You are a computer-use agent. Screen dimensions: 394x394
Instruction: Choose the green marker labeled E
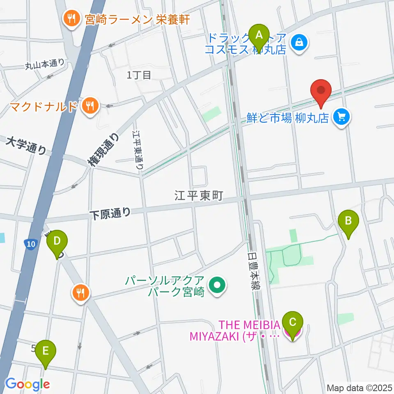point(45,353)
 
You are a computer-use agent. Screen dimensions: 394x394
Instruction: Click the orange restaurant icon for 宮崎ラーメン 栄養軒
point(71,19)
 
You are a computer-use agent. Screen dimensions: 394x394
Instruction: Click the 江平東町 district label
point(199,196)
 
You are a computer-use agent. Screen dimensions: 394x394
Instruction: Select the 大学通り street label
point(27,146)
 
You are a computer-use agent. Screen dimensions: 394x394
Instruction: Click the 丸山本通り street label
point(45,64)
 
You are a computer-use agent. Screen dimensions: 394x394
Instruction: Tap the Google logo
point(27,384)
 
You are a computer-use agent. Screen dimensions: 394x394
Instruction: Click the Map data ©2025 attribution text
point(359,387)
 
